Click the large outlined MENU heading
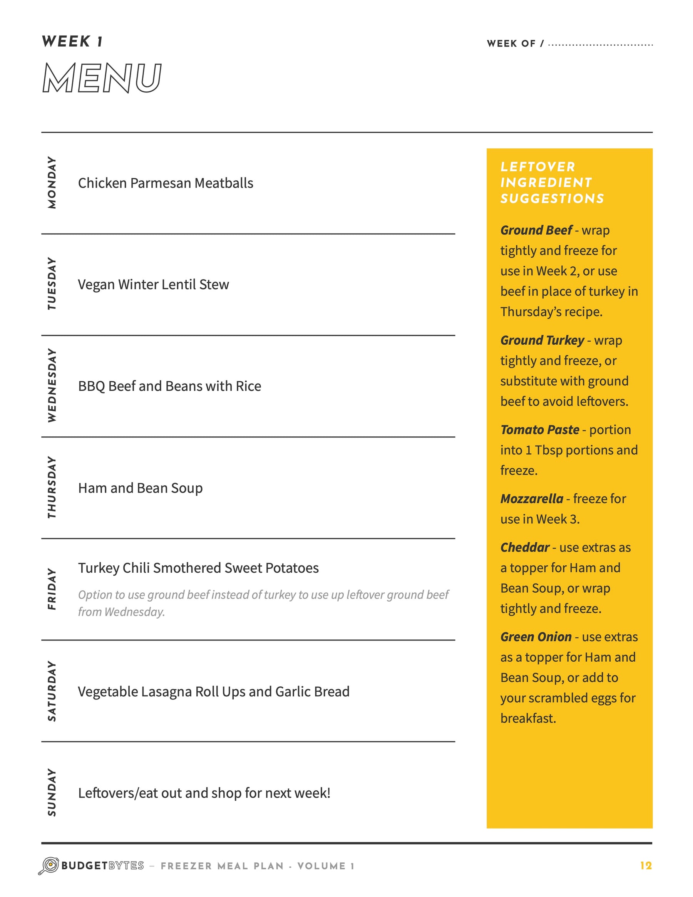(102, 78)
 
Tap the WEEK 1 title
(72, 42)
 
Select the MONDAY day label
(52, 182)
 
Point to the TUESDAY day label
(52, 284)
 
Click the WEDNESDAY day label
(52, 385)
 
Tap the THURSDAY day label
(52, 487)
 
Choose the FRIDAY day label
(52, 589)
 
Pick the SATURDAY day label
(52, 691)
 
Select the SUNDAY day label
(52, 792)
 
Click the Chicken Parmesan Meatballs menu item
(166, 183)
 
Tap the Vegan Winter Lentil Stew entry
(153, 285)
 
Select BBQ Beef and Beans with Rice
(169, 386)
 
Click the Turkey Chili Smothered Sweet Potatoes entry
(198, 568)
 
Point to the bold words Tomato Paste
(539, 429)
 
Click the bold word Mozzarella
(532, 499)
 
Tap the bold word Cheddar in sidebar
(525, 548)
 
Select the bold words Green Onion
(536, 637)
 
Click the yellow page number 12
(646, 866)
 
